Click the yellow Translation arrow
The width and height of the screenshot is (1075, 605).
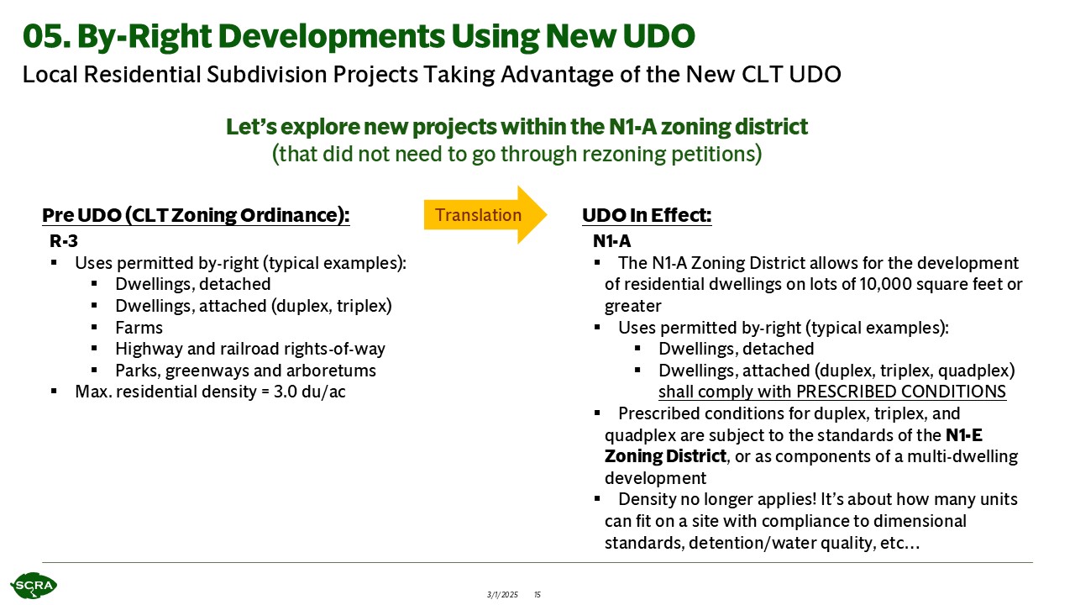tap(485, 214)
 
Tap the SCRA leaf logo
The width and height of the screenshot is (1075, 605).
tap(34, 586)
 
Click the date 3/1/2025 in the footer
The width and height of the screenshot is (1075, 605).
tap(502, 594)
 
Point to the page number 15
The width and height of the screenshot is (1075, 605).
tap(537, 594)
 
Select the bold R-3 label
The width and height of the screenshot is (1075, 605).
tap(64, 240)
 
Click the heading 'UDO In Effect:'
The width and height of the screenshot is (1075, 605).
tap(647, 215)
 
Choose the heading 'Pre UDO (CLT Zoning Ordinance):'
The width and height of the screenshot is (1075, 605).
tap(196, 215)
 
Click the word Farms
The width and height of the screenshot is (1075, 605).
tap(139, 328)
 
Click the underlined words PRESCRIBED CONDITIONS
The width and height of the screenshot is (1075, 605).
tap(901, 392)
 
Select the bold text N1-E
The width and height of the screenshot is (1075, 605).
tap(964, 435)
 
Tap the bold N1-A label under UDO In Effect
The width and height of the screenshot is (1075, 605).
tap(612, 240)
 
